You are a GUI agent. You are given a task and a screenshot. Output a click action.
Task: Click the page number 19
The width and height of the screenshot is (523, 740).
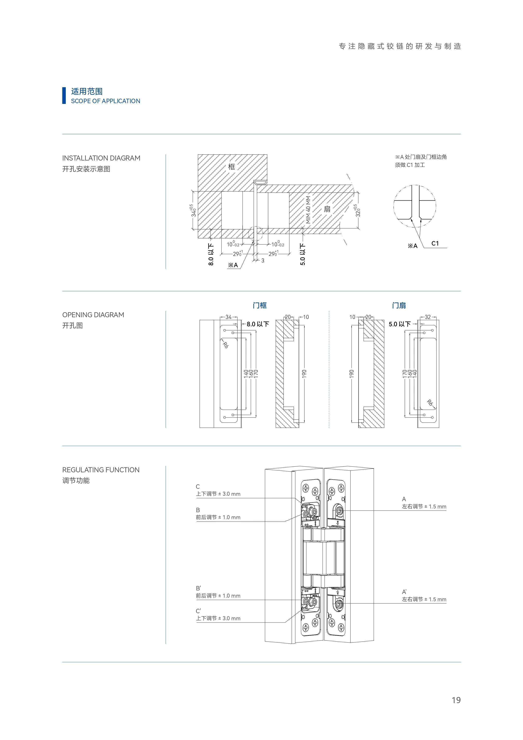(456, 700)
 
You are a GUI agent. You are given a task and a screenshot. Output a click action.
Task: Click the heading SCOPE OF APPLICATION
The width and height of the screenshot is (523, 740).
(105, 101)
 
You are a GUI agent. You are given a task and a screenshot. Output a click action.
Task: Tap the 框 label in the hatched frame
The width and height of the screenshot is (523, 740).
(231, 167)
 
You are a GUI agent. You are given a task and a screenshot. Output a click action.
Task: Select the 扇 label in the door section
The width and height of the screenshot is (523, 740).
(327, 209)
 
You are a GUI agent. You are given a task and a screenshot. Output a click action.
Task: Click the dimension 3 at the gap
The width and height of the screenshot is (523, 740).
(263, 261)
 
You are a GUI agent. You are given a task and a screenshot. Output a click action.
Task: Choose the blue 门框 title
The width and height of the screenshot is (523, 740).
(259, 305)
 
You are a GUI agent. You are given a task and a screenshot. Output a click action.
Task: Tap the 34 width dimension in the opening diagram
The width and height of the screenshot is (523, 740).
(228, 317)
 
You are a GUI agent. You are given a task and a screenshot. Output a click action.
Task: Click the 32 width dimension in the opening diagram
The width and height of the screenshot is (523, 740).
(428, 317)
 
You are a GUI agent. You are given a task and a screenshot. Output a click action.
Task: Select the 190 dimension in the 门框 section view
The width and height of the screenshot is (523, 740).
(304, 374)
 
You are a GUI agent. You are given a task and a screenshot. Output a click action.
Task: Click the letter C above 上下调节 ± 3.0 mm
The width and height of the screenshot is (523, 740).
(198, 486)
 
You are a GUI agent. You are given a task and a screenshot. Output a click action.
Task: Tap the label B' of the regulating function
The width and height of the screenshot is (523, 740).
(198, 588)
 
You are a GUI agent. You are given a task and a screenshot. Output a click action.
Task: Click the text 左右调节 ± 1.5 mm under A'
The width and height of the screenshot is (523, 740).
(424, 599)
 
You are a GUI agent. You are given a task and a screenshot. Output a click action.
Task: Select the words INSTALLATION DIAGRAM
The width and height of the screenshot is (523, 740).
(101, 158)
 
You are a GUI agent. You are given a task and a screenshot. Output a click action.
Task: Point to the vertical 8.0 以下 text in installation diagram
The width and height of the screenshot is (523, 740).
(211, 255)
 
